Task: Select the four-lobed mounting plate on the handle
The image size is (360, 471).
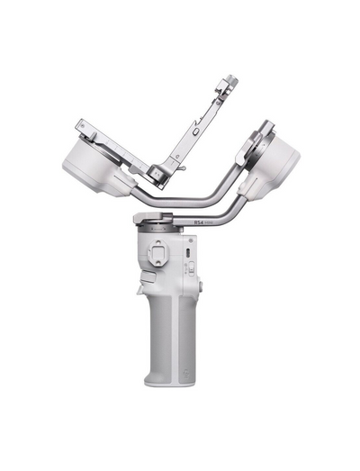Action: [158, 256]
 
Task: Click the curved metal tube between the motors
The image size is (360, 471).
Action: [198, 193]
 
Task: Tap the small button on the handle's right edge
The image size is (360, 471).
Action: [200, 286]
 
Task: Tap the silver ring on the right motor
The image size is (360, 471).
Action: [254, 141]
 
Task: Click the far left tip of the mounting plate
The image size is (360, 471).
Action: [79, 123]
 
